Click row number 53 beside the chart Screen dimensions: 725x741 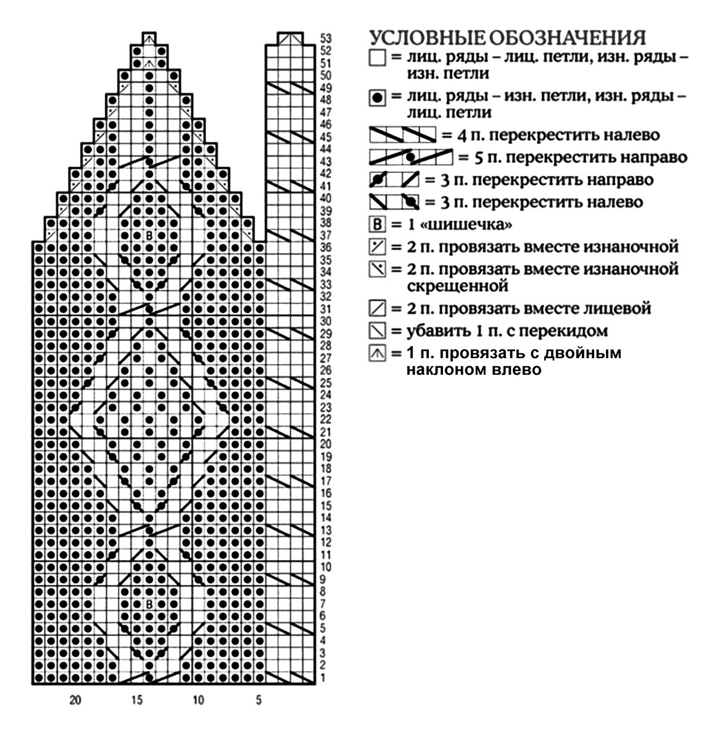pos(325,38)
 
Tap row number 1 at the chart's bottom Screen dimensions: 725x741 pos(323,678)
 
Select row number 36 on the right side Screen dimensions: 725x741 pos(325,247)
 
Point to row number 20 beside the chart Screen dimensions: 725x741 pos(325,444)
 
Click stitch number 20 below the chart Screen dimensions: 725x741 pos(75,700)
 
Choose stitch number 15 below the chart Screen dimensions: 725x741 pos(137,700)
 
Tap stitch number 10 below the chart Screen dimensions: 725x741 pos(198,700)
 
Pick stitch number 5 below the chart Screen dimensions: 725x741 pos(259,700)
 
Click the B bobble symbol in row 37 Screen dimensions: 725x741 pos(149,235)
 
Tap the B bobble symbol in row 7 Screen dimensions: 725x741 pos(149,605)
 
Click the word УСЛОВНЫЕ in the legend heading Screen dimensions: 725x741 pos(428,38)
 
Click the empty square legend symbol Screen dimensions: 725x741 pos(377,58)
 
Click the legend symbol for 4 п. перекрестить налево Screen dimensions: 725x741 pos(402,135)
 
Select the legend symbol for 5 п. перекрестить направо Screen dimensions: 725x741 pos(411,157)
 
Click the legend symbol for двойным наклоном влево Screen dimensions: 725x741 pos(377,353)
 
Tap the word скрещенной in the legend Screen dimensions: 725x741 pos(457,287)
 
